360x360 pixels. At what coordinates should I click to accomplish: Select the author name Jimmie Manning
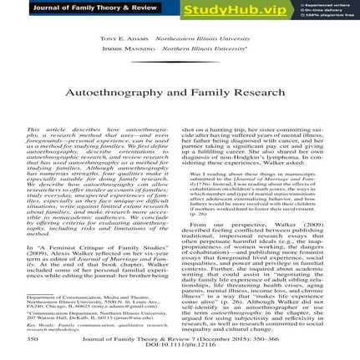click(125, 49)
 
